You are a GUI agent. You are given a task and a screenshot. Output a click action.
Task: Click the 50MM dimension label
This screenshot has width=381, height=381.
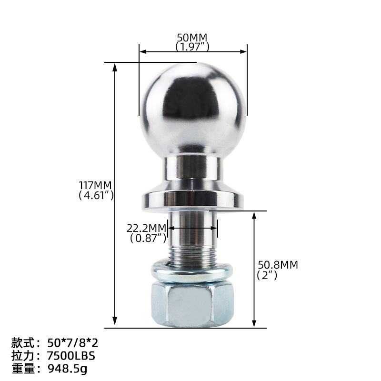(x=192, y=38)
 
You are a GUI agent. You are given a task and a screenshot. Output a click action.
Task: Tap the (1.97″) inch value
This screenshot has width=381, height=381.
(x=192, y=47)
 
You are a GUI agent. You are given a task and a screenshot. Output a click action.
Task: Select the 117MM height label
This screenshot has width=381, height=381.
(x=95, y=185)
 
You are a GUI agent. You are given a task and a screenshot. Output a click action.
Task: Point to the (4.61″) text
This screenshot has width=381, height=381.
(x=96, y=195)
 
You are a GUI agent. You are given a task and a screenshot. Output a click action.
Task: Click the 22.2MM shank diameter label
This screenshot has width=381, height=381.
(x=146, y=228)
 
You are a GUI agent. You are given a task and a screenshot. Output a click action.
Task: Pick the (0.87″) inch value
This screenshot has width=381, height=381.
(x=148, y=238)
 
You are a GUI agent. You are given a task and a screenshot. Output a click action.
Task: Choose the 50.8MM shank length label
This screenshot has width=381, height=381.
(x=278, y=265)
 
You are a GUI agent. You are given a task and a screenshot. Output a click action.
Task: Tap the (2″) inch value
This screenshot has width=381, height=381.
(x=267, y=275)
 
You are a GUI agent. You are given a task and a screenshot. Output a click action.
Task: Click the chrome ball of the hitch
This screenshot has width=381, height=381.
(x=193, y=110)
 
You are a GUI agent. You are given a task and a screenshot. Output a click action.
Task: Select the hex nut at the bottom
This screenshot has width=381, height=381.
(x=192, y=304)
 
